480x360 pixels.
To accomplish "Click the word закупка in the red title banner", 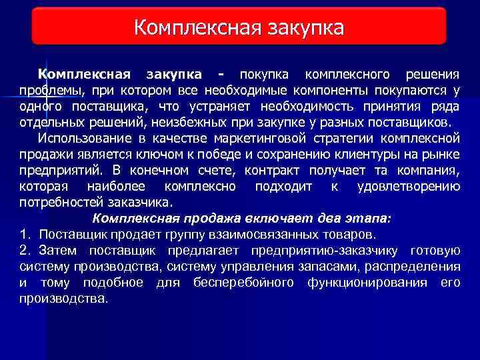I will [x=305, y=27].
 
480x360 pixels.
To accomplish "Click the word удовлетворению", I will [x=408, y=187].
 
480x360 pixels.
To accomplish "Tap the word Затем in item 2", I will [x=57, y=251].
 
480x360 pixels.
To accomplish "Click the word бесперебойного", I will [x=243, y=283].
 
